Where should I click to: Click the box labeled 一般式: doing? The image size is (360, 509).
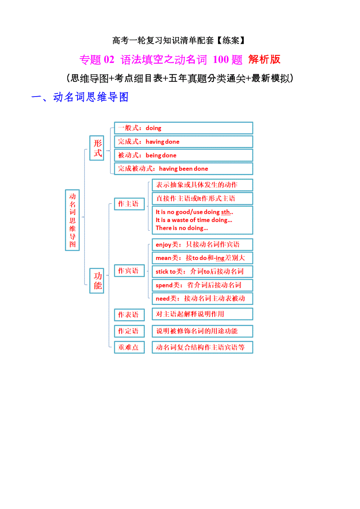click(183, 128)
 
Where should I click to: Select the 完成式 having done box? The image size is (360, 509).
click(183, 142)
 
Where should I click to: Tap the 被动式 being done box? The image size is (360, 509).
click(183, 155)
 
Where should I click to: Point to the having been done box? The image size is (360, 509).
click(183, 168)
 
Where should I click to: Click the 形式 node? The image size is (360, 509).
click(97, 148)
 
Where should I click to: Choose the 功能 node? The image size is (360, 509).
click(97, 280)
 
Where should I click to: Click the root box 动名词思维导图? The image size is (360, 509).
click(72, 220)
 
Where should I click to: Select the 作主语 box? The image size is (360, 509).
click(129, 204)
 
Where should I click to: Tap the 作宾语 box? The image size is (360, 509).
click(129, 271)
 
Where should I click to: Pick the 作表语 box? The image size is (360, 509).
click(129, 315)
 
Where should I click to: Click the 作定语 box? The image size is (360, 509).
click(129, 331)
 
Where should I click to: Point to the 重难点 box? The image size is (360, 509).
click(129, 347)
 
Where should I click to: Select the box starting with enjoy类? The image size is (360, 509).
click(202, 245)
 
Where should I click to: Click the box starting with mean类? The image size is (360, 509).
click(202, 258)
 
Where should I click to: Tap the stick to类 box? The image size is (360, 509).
click(202, 271)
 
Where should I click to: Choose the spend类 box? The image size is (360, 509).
click(202, 285)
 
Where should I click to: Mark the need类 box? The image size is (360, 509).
click(202, 298)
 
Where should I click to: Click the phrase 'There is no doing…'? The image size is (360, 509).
click(182, 228)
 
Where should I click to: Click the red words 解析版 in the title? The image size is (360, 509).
click(264, 59)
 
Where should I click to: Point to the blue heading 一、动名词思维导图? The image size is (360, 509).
click(80, 97)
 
